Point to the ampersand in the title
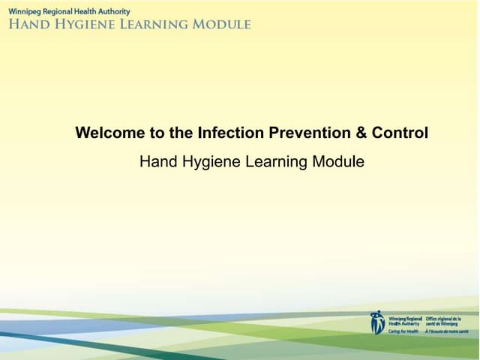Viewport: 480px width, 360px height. [x=361, y=133]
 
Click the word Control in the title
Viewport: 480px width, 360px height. [x=400, y=133]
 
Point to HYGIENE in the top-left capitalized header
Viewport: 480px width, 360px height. [x=80, y=24]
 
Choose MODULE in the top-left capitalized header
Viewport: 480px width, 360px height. [x=220, y=24]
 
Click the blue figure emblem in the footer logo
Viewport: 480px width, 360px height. [x=377, y=322]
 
